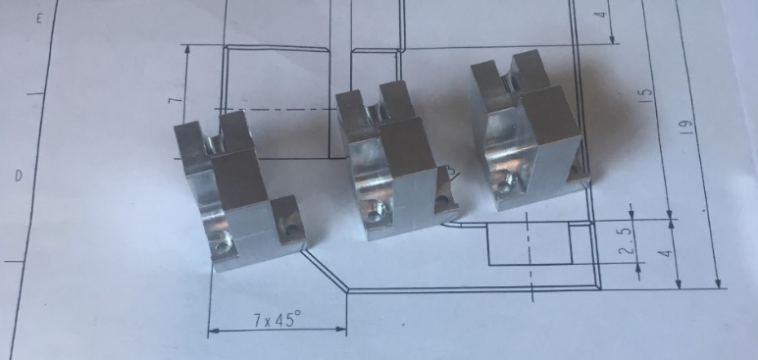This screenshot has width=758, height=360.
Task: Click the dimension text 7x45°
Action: [277, 320]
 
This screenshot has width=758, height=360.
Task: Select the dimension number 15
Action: [648, 95]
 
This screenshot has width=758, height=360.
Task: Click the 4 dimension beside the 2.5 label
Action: [668, 253]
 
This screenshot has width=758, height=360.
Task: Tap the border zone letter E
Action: [39, 19]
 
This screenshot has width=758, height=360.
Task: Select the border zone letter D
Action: [19, 176]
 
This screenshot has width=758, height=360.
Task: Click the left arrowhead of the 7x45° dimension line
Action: [213, 331]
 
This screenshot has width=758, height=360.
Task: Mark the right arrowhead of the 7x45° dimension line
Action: [341, 330]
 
